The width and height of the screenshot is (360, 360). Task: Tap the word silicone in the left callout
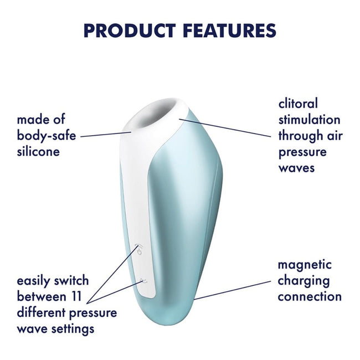[x=38, y=151]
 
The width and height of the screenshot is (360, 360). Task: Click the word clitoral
[x=298, y=104]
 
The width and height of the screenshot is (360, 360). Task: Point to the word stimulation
[x=309, y=120]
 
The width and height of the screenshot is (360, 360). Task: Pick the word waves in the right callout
[x=296, y=167]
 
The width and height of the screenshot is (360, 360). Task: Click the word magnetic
[x=305, y=265]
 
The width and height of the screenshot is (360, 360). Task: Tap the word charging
[x=304, y=281]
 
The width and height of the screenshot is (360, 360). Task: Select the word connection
[x=310, y=296]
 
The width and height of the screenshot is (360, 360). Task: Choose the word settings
[x=71, y=329]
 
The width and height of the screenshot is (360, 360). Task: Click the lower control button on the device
[x=142, y=281]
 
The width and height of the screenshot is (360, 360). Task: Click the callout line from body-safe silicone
[x=105, y=135]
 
